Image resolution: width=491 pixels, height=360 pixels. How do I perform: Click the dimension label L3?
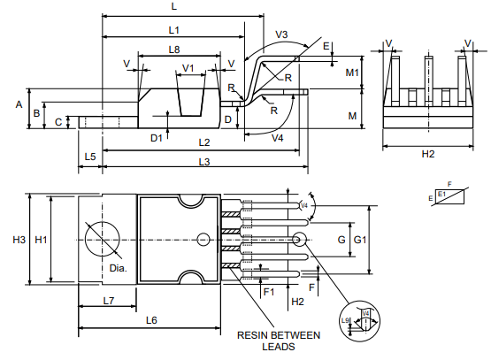tap(204, 162)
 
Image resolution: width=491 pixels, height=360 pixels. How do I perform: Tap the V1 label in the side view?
tap(188, 67)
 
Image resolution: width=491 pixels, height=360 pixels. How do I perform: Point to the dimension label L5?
tap(90, 157)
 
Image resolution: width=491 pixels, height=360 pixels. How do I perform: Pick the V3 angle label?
tap(281, 34)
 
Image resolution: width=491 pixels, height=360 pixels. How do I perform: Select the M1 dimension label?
tap(352, 72)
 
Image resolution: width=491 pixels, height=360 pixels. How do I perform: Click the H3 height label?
tap(19, 240)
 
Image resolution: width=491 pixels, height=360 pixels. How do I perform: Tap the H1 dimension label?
tap(40, 240)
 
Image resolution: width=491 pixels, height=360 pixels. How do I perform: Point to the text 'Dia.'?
tap(118, 267)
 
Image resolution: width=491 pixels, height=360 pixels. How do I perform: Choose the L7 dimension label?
tap(107, 301)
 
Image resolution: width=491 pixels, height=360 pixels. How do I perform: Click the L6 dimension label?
tap(151, 319)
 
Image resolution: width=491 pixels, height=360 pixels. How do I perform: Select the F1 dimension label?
tap(269, 290)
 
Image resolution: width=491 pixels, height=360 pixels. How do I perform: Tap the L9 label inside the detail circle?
tap(346, 321)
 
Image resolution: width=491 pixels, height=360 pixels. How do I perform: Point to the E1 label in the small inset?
tap(441, 192)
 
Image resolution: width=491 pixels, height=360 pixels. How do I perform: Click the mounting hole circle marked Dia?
tap(102, 240)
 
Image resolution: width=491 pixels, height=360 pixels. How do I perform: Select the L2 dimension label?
tap(204, 142)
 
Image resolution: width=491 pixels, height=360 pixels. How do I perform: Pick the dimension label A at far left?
tap(18, 104)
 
